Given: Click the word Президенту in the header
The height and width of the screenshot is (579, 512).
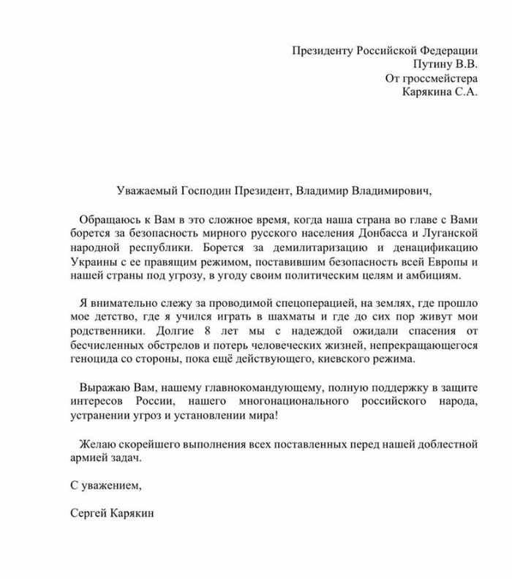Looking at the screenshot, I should click(323, 51).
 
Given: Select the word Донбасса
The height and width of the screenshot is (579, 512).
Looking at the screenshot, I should click(379, 234).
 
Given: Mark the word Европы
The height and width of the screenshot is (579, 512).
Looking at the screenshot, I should click(451, 261).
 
